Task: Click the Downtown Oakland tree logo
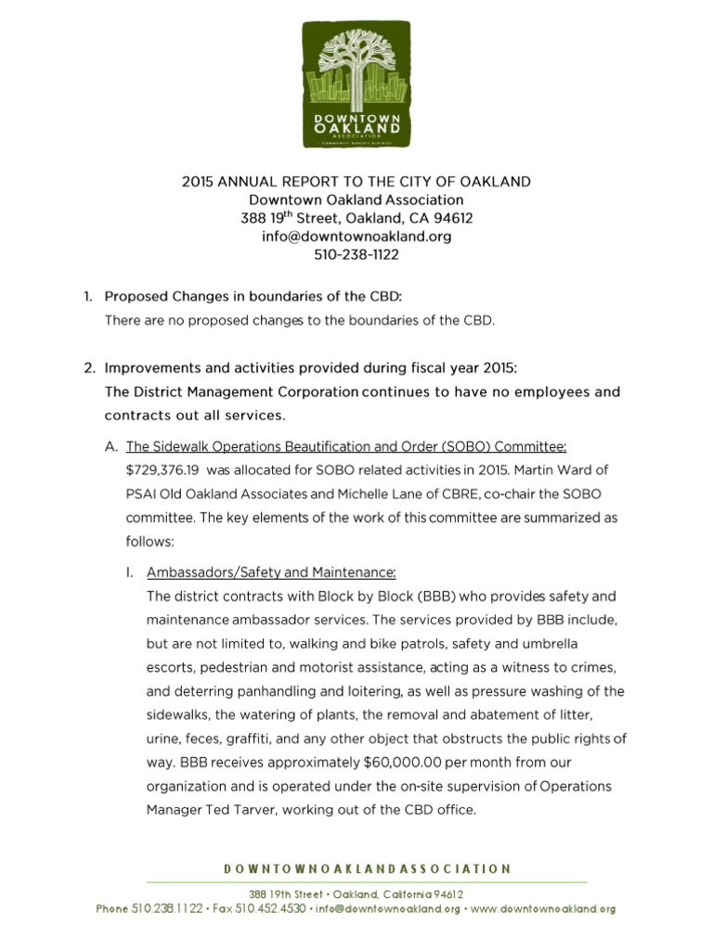point(356,85)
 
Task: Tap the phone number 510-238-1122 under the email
point(356,254)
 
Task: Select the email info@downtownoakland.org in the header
point(356,237)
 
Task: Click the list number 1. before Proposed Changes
point(88,297)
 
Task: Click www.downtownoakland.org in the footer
point(543,909)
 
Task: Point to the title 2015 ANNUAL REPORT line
point(356,181)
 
